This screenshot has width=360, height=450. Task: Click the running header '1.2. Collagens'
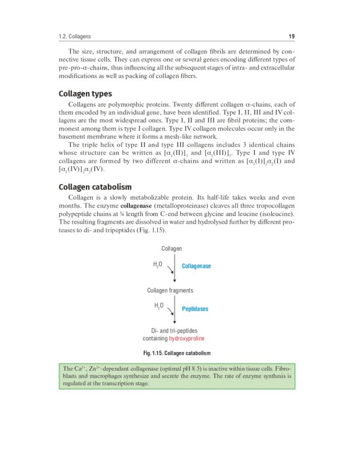tap(75, 36)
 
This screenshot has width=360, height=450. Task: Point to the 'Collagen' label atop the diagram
tap(172, 248)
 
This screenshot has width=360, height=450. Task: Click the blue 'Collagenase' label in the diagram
tap(196, 266)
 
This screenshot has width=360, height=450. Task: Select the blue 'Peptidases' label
tap(195, 309)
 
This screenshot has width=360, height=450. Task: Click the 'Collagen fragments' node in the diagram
tap(170, 290)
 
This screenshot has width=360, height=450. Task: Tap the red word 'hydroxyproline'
tap(191, 338)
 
